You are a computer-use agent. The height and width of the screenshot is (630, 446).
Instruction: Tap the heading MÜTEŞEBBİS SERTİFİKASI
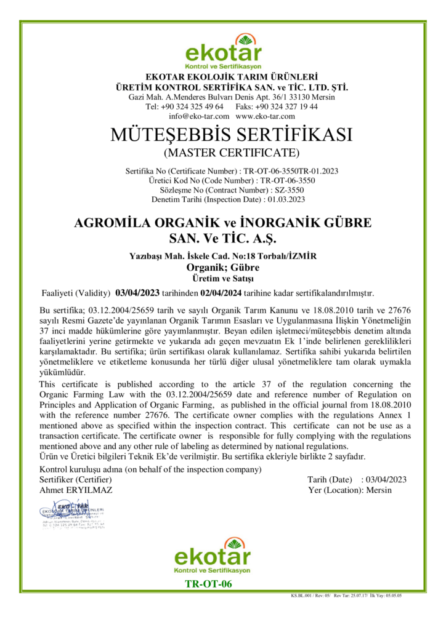coord(222,134)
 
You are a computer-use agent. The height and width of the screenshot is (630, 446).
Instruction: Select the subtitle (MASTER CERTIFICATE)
coord(222,151)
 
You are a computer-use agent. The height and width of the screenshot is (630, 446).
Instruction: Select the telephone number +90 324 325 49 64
coord(192,106)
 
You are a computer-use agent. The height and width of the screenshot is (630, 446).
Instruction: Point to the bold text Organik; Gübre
coord(222,267)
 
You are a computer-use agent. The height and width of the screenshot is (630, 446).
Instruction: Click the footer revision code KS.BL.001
coord(303,596)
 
